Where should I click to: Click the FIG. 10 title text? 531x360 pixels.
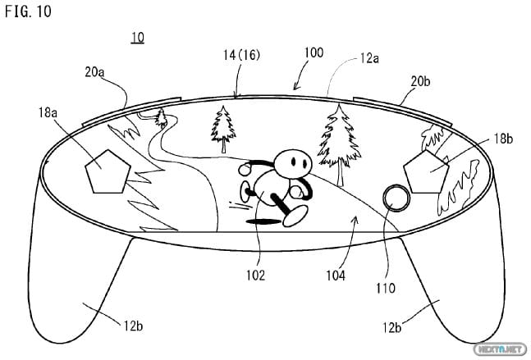click(x=28, y=14)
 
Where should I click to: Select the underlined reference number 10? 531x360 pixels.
click(x=137, y=39)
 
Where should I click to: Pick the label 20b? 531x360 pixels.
click(x=421, y=81)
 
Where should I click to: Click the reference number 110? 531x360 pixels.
click(x=386, y=287)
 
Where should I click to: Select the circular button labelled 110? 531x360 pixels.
click(x=396, y=198)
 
